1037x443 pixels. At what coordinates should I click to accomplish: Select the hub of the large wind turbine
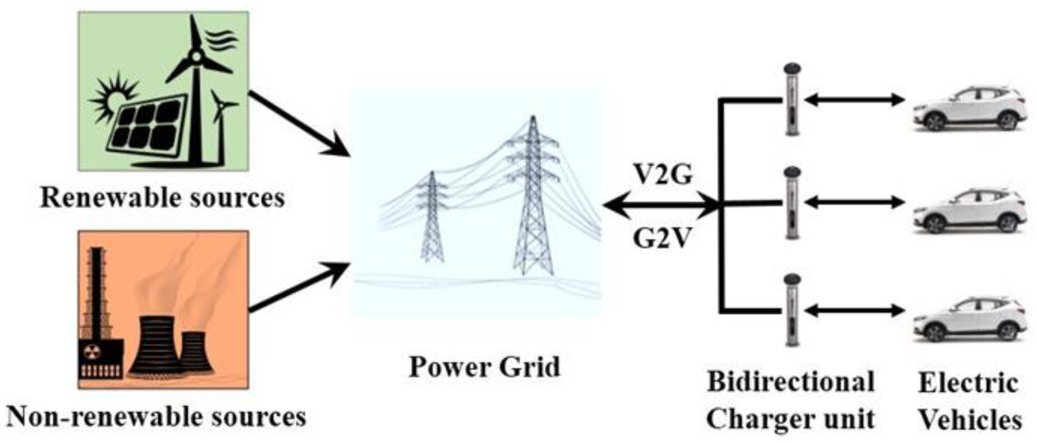pyautogui.click(x=196, y=57)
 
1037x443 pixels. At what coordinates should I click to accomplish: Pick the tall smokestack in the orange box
pyautogui.click(x=97, y=290)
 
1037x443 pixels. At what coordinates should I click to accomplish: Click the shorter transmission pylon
pyautogui.click(x=432, y=217)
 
